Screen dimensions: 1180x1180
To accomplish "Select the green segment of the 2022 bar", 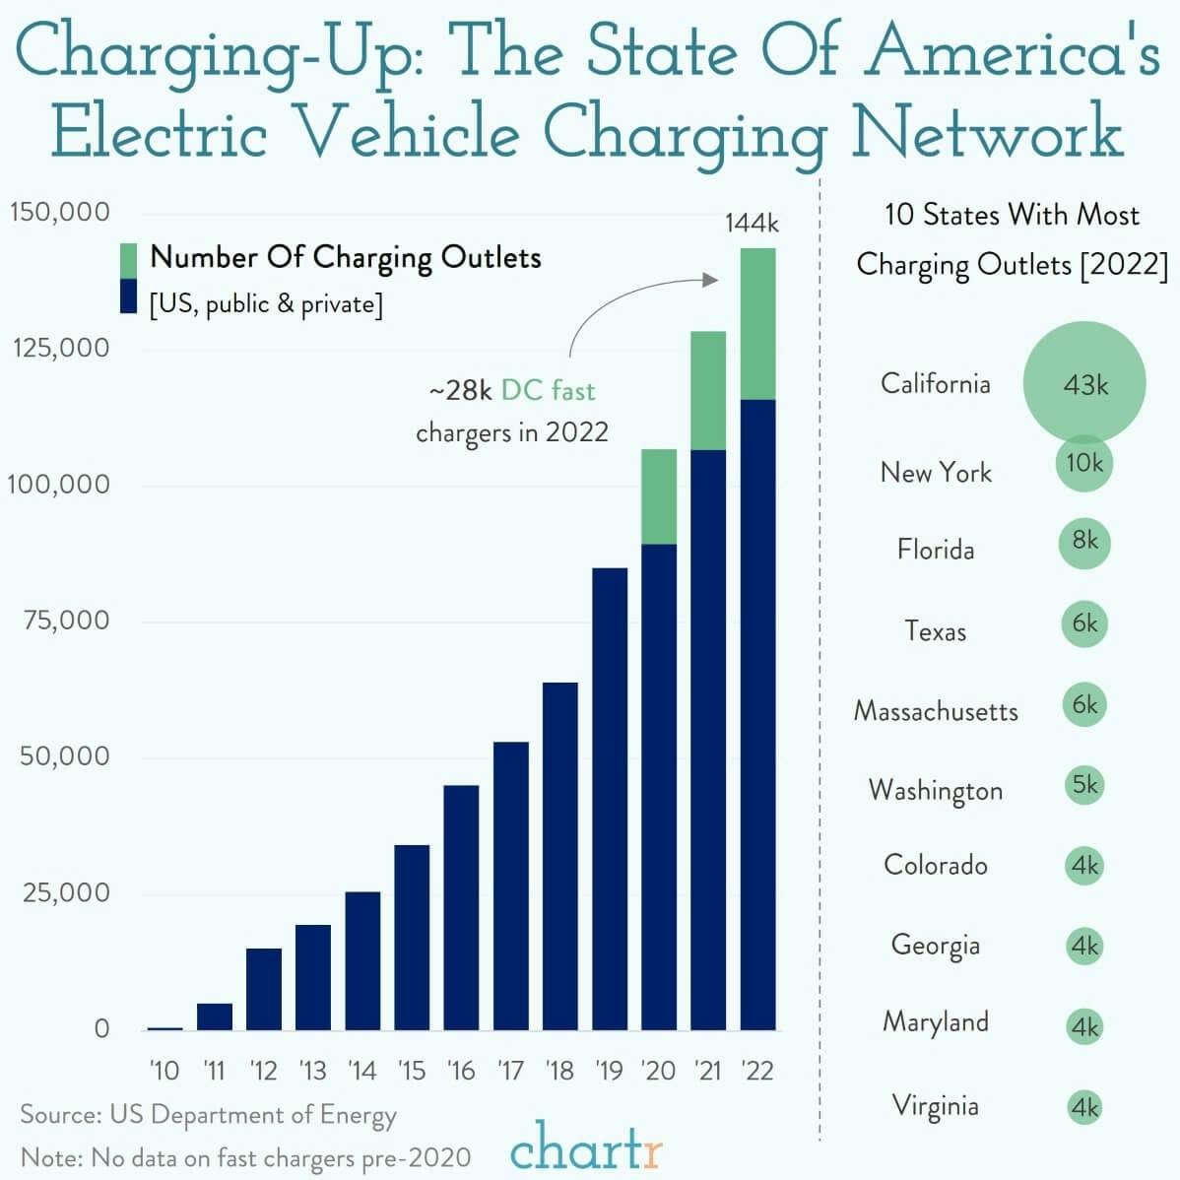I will (757, 323).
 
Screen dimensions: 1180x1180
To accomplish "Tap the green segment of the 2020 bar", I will (659, 496).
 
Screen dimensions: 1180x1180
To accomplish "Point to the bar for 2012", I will (264, 988).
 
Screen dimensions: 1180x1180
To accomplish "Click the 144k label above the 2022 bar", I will (752, 223).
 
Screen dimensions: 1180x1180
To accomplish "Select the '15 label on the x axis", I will (412, 1070).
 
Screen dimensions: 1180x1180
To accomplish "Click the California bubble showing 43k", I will (1084, 383).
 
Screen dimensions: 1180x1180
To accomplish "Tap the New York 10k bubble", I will (1084, 463).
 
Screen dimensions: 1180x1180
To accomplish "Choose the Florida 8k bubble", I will (1084, 543).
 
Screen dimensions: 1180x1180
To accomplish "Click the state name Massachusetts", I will (936, 710).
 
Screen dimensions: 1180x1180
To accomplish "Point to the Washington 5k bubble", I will (1084, 785).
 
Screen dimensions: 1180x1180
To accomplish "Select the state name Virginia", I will (936, 1105).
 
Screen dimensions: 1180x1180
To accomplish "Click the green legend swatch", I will (128, 260).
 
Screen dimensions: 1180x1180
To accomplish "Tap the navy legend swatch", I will (128, 296).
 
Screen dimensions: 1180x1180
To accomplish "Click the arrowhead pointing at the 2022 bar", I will (711, 280).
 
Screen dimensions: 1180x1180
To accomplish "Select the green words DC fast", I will (548, 391).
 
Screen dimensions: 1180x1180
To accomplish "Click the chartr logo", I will (587, 1148).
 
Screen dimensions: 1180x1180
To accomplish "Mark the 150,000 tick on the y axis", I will (61, 213).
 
